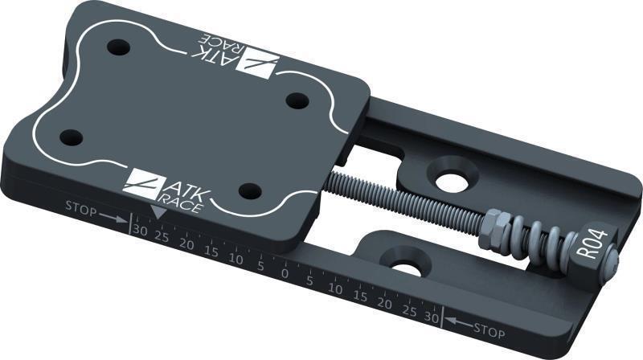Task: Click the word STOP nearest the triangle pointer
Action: click(81, 211)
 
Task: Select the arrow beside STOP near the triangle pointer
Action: click(113, 218)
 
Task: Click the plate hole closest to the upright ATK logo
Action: click(251, 191)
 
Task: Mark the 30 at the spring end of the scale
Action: click(432, 318)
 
